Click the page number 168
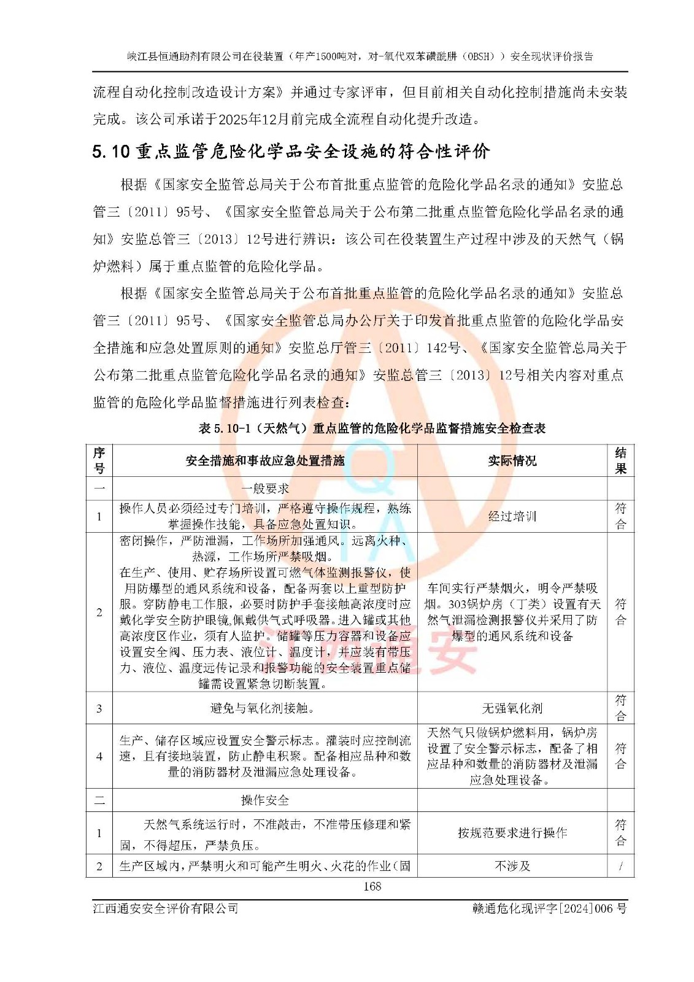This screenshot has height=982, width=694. pos(372,886)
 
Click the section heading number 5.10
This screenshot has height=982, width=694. pos(111,152)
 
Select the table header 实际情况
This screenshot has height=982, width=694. pos(512,460)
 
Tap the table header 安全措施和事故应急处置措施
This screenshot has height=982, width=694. pos(265,460)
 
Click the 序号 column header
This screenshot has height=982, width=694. pos(99,460)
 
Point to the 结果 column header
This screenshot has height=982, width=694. pos(620,460)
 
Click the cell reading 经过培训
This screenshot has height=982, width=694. pos(512,516)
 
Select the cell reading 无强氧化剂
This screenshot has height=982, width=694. pos(512,708)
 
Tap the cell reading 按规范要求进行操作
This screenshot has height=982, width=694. pos(512,833)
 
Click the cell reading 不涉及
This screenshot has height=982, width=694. pos(512,866)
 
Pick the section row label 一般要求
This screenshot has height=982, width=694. pos(265,489)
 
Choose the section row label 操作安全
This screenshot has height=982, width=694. pos(265,800)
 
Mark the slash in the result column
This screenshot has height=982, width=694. pos(620,866)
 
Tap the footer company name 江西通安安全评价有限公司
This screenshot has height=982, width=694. pos(166,908)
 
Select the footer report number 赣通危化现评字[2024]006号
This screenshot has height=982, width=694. pos(545,908)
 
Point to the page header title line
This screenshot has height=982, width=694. pos(360,56)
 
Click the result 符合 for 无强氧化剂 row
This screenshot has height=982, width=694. pos(620,708)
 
